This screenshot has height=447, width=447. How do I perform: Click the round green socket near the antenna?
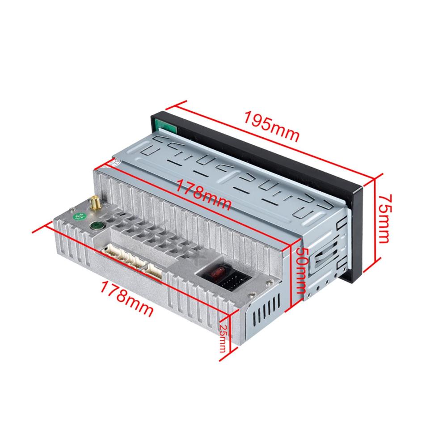click(95, 226)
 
